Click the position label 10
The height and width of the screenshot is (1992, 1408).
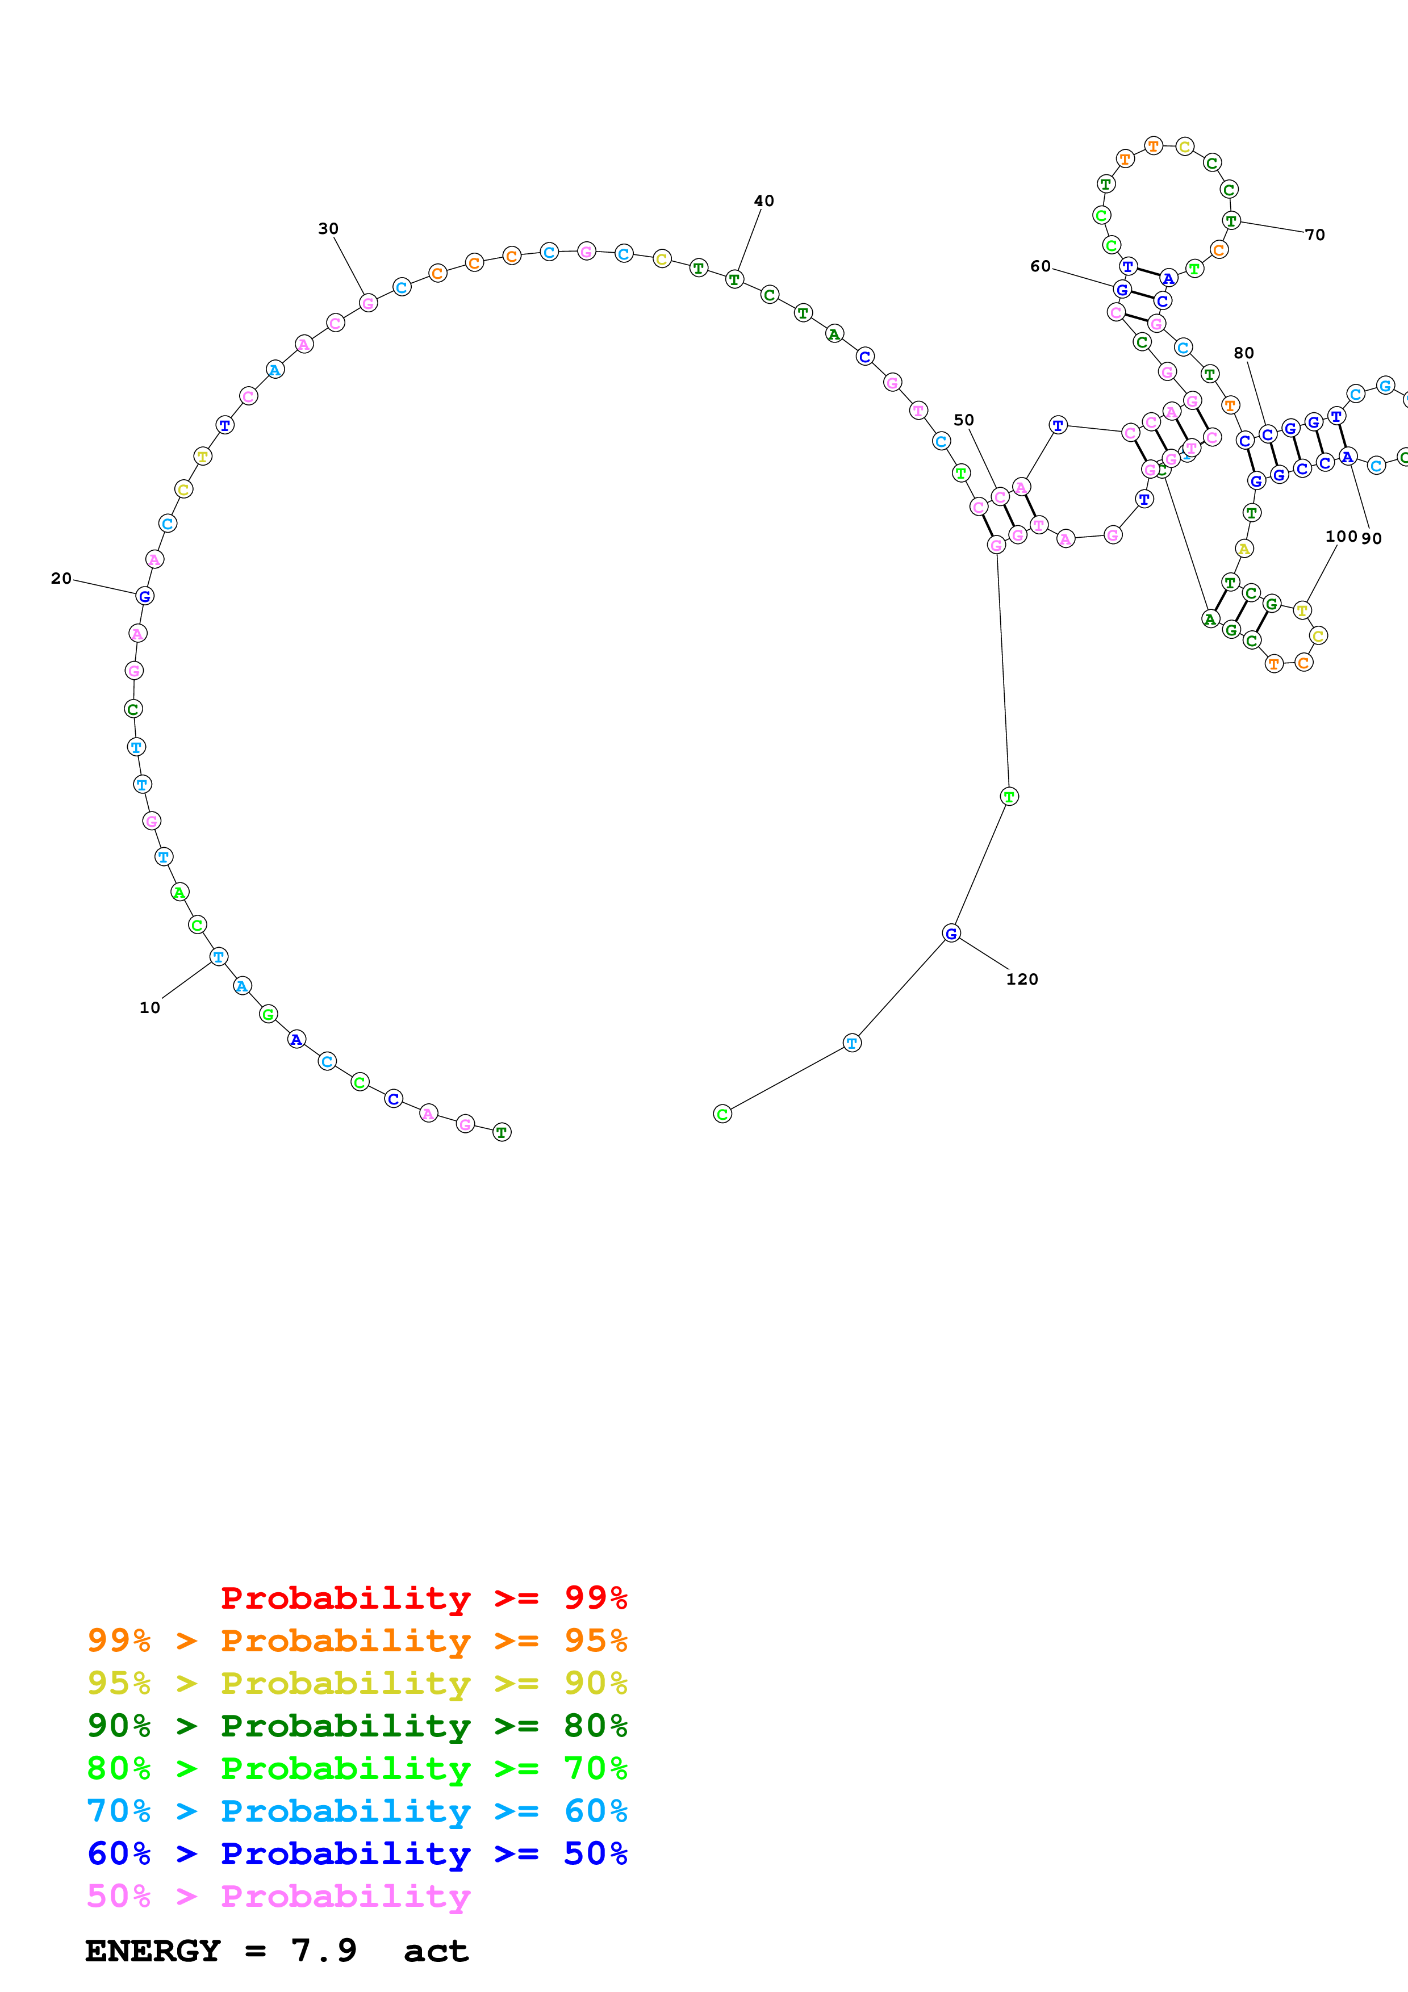pyautogui.click(x=150, y=1007)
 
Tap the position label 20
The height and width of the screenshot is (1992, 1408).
pyautogui.click(x=61, y=578)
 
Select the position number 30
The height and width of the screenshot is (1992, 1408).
pyautogui.click(x=328, y=228)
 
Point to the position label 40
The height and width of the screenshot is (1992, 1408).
pyautogui.click(x=763, y=200)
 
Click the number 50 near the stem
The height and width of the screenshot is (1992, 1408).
pyautogui.click(x=964, y=420)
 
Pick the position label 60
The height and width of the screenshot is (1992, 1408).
pyautogui.click(x=1040, y=266)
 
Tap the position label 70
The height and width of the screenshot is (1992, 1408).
pyautogui.click(x=1315, y=235)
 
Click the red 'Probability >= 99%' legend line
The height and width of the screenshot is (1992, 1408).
pyautogui.click(x=423, y=1597)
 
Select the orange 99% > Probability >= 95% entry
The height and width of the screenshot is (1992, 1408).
pyautogui.click(x=357, y=1640)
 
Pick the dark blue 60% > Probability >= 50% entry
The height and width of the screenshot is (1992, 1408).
pyautogui.click(x=357, y=1853)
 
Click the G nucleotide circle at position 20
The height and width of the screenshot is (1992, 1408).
pyautogui.click(x=145, y=596)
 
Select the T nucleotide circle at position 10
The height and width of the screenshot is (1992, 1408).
pyautogui.click(x=219, y=956)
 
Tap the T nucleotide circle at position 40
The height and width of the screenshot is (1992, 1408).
pyautogui.click(x=734, y=279)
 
